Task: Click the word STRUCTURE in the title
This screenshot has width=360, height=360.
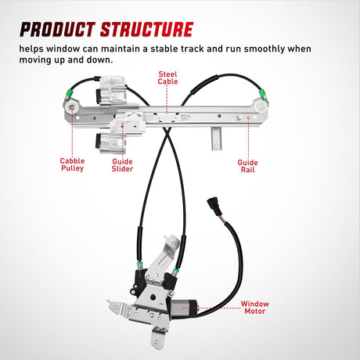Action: click(145, 30)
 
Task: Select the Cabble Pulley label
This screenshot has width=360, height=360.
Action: click(73, 165)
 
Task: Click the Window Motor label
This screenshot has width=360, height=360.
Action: click(255, 308)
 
